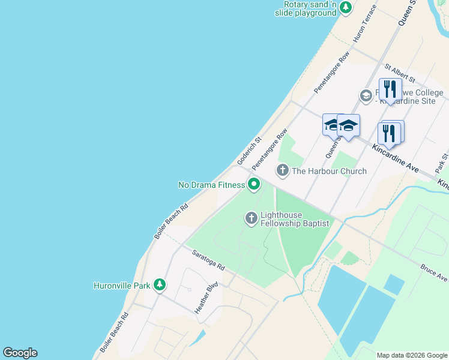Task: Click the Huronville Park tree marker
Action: [159, 284]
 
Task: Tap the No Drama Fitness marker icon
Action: [254, 184]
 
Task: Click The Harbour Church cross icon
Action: [283, 171]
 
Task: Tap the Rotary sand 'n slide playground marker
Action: [345, 8]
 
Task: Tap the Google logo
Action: [20, 353]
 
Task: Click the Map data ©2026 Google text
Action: [411, 355]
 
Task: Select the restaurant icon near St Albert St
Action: [390, 90]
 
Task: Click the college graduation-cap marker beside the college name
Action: [366, 95]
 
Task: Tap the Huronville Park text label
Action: [122, 286]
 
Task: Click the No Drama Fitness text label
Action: [211, 185]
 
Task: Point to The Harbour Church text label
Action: [329, 171]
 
